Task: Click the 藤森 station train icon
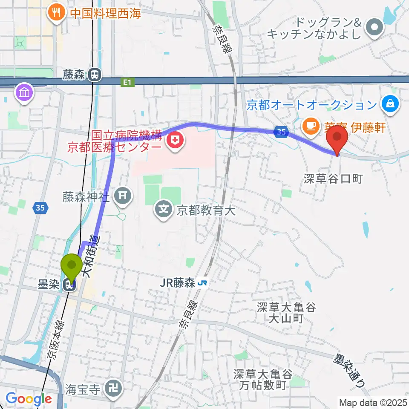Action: (95, 75)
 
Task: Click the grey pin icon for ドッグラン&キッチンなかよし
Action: (374, 29)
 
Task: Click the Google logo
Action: (29, 399)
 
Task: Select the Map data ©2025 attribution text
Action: (372, 402)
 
